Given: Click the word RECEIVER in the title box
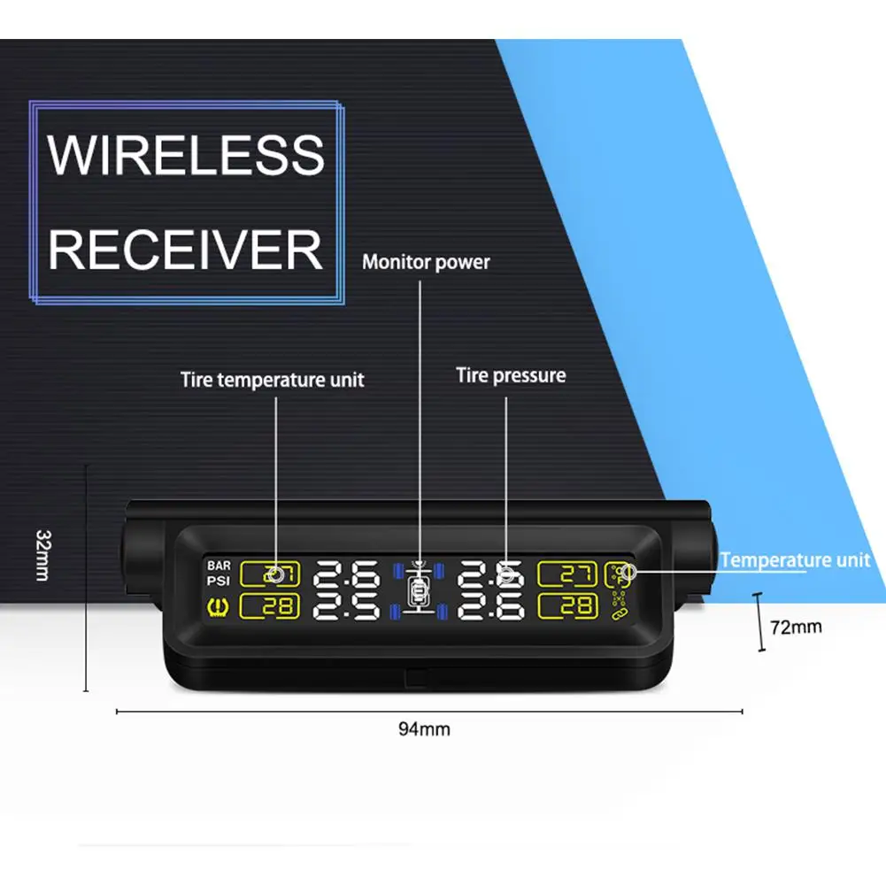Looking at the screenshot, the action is coord(185,250).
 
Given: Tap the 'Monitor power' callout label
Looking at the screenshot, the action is coord(426,262).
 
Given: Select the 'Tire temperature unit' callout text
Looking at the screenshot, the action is coord(273,380).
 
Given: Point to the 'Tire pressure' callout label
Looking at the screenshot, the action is coord(511,375).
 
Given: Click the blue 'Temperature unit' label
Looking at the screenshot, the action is coord(795,560).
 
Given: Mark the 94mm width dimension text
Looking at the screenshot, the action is coord(424,729).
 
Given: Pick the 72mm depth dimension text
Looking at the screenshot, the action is coord(796,627).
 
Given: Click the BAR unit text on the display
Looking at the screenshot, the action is coord(219,566).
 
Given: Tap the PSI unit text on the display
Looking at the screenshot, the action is coord(218,581).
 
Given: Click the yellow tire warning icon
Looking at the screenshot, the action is coord(218,608).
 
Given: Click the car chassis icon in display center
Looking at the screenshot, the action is coord(418,589).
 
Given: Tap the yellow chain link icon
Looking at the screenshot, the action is coord(620,612).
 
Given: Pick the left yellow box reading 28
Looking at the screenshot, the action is coord(270,606).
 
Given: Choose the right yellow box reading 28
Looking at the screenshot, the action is coord(567,606).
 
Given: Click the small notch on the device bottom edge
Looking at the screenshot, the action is coord(416,676).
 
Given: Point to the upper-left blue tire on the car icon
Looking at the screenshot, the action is coord(397,571).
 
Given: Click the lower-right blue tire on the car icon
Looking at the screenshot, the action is coord(442,612).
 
